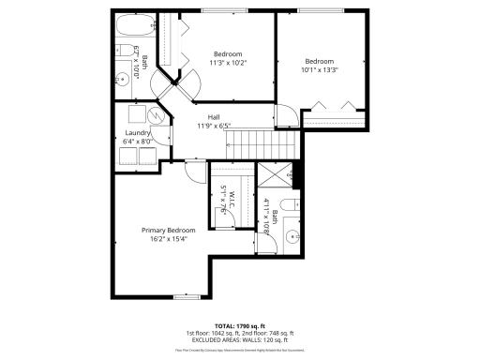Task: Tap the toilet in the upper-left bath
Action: click(124, 53)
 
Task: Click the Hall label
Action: click(214, 116)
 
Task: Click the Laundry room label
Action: click(137, 133)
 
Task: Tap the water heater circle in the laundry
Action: click(156, 116)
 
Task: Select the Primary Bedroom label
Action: click(168, 230)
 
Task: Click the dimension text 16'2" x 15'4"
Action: click(168, 239)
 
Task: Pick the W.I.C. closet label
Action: click(228, 201)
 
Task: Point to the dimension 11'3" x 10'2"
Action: click(230, 63)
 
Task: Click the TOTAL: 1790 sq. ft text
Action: click(241, 324)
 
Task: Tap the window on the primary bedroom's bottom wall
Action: click(187, 296)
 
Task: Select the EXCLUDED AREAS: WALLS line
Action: click(241, 339)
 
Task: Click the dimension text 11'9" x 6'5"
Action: click(214, 126)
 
